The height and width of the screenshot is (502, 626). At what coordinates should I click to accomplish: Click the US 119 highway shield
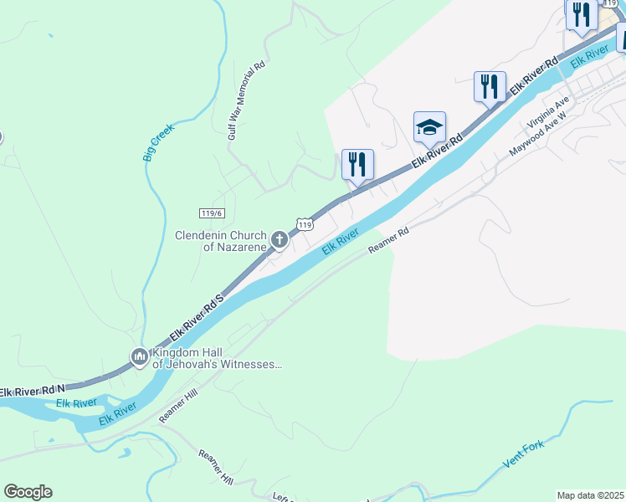click(305, 223)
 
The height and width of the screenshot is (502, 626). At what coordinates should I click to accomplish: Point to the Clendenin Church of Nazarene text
click(220, 241)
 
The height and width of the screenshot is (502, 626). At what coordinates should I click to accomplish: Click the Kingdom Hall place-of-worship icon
click(139, 357)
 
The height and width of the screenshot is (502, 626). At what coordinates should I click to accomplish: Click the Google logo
click(28, 492)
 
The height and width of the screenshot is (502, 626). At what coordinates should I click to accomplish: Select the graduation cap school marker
click(429, 128)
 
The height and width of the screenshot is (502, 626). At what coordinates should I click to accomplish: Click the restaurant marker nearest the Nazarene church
click(357, 163)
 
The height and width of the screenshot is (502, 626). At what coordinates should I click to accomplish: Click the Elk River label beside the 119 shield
click(341, 239)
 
